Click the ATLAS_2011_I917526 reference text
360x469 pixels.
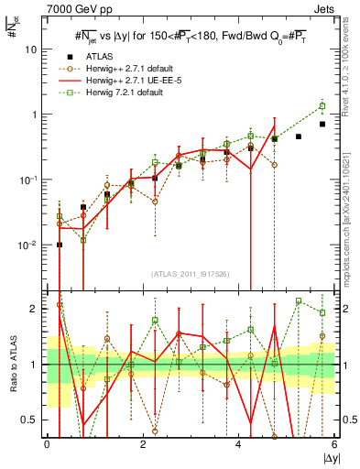click(x=190, y=274)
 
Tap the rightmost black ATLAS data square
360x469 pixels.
click(x=322, y=124)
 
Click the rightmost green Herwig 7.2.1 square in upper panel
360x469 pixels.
click(x=322, y=105)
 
